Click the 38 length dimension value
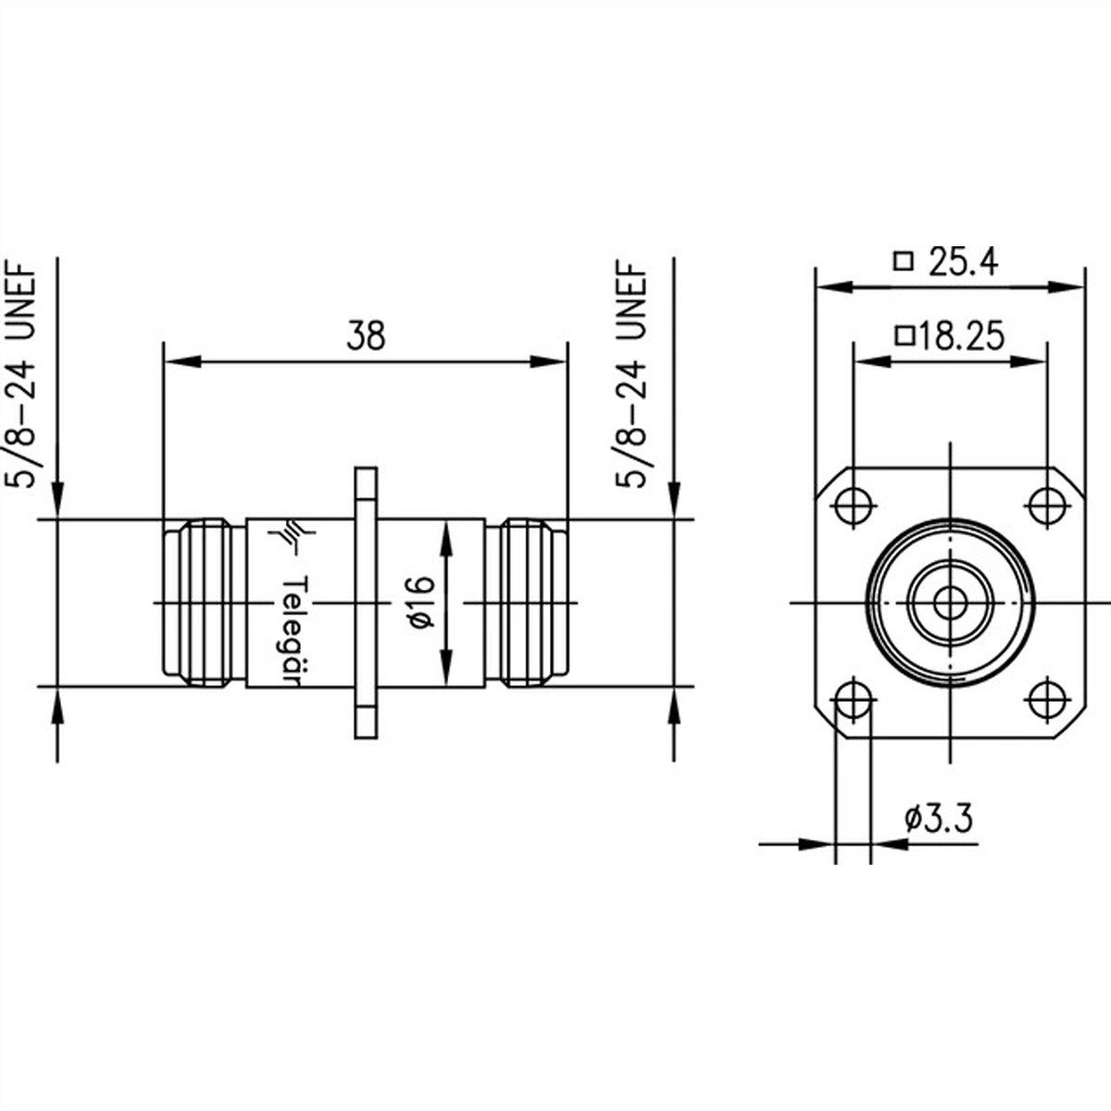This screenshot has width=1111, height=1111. [365, 336]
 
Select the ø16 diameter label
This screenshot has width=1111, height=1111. [419, 603]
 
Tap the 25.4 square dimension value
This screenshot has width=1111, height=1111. [963, 264]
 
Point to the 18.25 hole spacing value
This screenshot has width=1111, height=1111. [959, 337]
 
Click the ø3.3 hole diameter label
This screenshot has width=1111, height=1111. [939, 819]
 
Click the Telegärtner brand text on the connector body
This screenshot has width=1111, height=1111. [293, 630]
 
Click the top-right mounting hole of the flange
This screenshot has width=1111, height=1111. [1046, 506]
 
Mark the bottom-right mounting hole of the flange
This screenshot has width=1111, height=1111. [1046, 699]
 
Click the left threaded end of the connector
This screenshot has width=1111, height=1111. [199, 603]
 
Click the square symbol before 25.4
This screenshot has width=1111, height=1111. [904, 262]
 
